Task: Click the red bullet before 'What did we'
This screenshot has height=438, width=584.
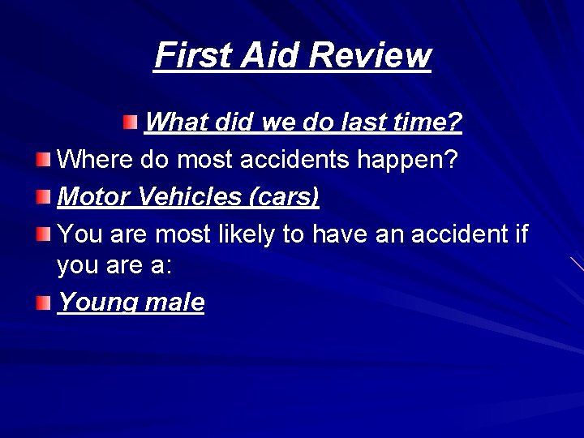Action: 131,122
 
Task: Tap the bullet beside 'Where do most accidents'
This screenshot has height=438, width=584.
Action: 43,159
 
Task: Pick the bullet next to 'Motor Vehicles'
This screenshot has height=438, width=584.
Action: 43,196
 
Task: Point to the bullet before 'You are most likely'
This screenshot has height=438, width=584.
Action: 43,234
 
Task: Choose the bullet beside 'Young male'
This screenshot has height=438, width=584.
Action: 43,303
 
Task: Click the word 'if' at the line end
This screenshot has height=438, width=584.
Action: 521,235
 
